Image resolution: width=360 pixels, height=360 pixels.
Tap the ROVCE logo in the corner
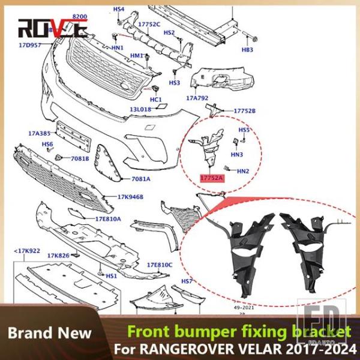pos(52,27)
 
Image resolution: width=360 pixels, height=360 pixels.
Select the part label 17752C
pos(149,25)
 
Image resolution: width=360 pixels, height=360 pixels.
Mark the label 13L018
pos(142,110)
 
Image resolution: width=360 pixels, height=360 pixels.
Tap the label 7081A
pos(141,179)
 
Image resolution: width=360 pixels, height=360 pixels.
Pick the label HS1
pos(111,276)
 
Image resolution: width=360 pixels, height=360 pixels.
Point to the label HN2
pos(243,171)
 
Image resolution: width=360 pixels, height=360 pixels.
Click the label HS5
pos(244,130)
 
